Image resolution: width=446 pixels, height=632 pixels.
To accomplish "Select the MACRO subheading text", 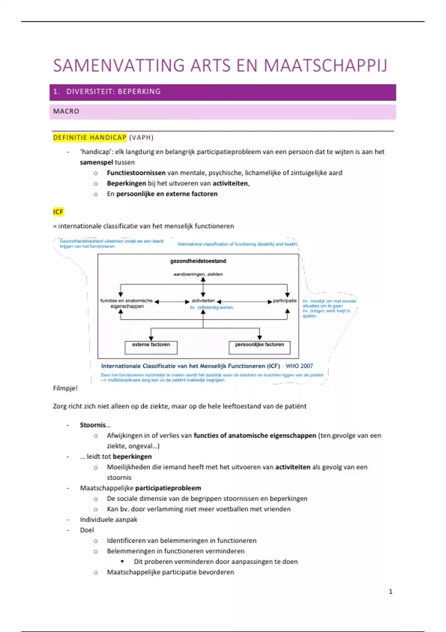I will click(66, 111).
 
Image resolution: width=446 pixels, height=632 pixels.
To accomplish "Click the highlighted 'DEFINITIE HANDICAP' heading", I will click(90, 138).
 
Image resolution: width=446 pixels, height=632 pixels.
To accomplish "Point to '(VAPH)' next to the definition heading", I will click(141, 138).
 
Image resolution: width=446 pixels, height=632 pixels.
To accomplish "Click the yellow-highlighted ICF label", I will click(58, 212).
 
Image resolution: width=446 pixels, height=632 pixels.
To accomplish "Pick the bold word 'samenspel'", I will click(96, 162).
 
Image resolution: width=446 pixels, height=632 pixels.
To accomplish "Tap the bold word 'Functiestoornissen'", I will click(136, 173).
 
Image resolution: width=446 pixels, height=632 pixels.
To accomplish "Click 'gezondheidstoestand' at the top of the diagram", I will click(198, 261).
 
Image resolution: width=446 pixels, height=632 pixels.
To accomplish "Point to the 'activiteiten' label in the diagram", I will click(203, 301).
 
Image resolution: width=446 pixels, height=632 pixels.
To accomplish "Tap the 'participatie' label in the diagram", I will click(285, 301).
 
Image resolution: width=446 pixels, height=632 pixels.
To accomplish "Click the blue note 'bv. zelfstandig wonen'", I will click(211, 307).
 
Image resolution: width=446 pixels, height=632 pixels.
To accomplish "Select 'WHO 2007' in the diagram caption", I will click(299, 366).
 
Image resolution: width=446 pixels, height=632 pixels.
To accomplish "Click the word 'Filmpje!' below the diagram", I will click(65, 388).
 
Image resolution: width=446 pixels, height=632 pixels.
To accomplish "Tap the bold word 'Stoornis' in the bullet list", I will click(93, 425).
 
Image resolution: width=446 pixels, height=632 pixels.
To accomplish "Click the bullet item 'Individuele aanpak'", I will click(109, 520).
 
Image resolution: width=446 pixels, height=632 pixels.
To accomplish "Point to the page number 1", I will click(391, 591).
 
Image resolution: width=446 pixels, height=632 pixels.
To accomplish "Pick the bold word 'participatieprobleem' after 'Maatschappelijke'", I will click(168, 488).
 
